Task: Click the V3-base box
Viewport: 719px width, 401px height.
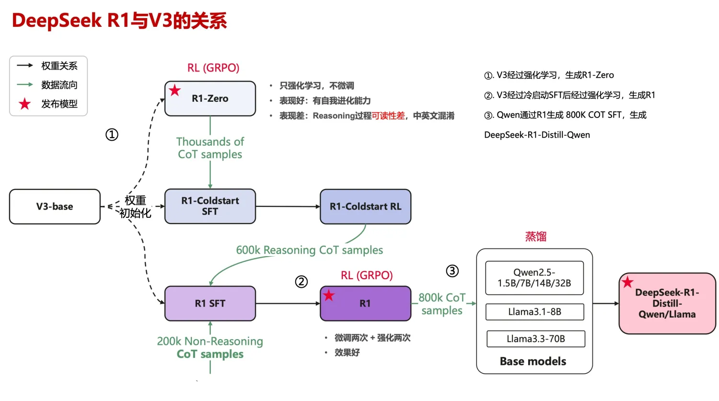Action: [x=55, y=207]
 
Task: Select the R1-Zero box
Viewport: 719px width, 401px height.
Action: [x=210, y=98]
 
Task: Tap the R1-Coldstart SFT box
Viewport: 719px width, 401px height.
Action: [x=210, y=206]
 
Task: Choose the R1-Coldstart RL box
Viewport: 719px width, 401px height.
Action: [x=365, y=207]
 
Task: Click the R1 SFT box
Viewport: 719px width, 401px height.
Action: [x=210, y=304]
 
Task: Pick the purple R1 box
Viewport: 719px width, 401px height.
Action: [x=365, y=304]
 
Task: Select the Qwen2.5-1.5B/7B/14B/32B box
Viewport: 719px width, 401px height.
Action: [x=534, y=278]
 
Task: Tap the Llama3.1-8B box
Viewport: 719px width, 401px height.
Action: [x=534, y=312]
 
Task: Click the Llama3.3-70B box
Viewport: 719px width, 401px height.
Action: [x=535, y=339]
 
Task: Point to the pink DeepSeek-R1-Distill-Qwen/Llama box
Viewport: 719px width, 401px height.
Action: [x=667, y=304]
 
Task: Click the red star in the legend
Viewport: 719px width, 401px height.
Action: [x=24, y=104]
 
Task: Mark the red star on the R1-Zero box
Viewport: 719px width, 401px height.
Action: [x=175, y=90]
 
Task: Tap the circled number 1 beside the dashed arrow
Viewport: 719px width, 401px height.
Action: [x=112, y=135]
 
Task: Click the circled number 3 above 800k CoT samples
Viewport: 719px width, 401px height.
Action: [x=452, y=271]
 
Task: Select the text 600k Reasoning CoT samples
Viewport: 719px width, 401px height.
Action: [x=309, y=250]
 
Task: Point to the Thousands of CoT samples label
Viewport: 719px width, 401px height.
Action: [x=210, y=148]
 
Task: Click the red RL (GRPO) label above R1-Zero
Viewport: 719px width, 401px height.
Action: [x=213, y=68]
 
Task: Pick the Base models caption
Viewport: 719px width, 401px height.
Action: [x=533, y=361]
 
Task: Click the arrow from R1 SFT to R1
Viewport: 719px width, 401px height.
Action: [x=288, y=304]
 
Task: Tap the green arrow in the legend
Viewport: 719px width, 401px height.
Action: [x=24, y=85]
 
